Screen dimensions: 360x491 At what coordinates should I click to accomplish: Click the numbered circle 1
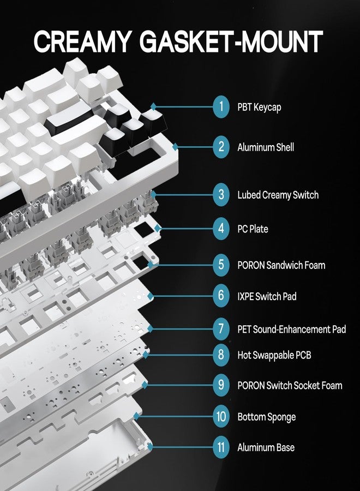pyautogui.click(x=221, y=107)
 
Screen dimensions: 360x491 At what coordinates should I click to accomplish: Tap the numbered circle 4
pyautogui.click(x=221, y=229)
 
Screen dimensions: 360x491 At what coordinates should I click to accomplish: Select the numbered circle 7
pyautogui.click(x=221, y=329)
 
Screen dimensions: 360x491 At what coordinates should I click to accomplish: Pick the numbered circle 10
pyautogui.click(x=221, y=416)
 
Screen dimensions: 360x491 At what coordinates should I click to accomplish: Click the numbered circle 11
pyautogui.click(x=221, y=447)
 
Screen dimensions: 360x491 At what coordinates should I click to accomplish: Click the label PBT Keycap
pyautogui.click(x=259, y=107)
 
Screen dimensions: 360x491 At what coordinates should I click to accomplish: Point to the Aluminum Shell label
pyautogui.click(x=266, y=147)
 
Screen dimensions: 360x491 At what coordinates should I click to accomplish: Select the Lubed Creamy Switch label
pyautogui.click(x=278, y=195)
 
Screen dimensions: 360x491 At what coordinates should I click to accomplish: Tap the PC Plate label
pyautogui.click(x=253, y=229)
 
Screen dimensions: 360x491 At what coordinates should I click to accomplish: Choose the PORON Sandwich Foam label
pyautogui.click(x=281, y=265)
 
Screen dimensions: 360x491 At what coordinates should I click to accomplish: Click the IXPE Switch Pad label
pyautogui.click(x=267, y=296)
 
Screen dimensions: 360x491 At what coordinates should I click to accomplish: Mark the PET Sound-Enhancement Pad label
pyautogui.click(x=291, y=329)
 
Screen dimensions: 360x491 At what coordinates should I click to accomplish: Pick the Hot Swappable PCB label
pyautogui.click(x=274, y=355)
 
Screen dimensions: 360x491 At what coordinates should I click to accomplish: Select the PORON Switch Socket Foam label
pyautogui.click(x=290, y=385)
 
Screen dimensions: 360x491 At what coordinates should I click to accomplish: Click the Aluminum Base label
pyautogui.click(x=266, y=447)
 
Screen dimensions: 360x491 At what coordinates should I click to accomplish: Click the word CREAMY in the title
pyautogui.click(x=82, y=41)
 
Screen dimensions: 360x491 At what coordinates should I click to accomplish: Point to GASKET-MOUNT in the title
pyautogui.click(x=231, y=41)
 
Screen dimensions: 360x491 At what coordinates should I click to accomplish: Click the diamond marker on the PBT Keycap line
pyautogui.click(x=153, y=107)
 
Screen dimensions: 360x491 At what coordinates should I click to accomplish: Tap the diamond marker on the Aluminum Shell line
pyautogui.click(x=175, y=147)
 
